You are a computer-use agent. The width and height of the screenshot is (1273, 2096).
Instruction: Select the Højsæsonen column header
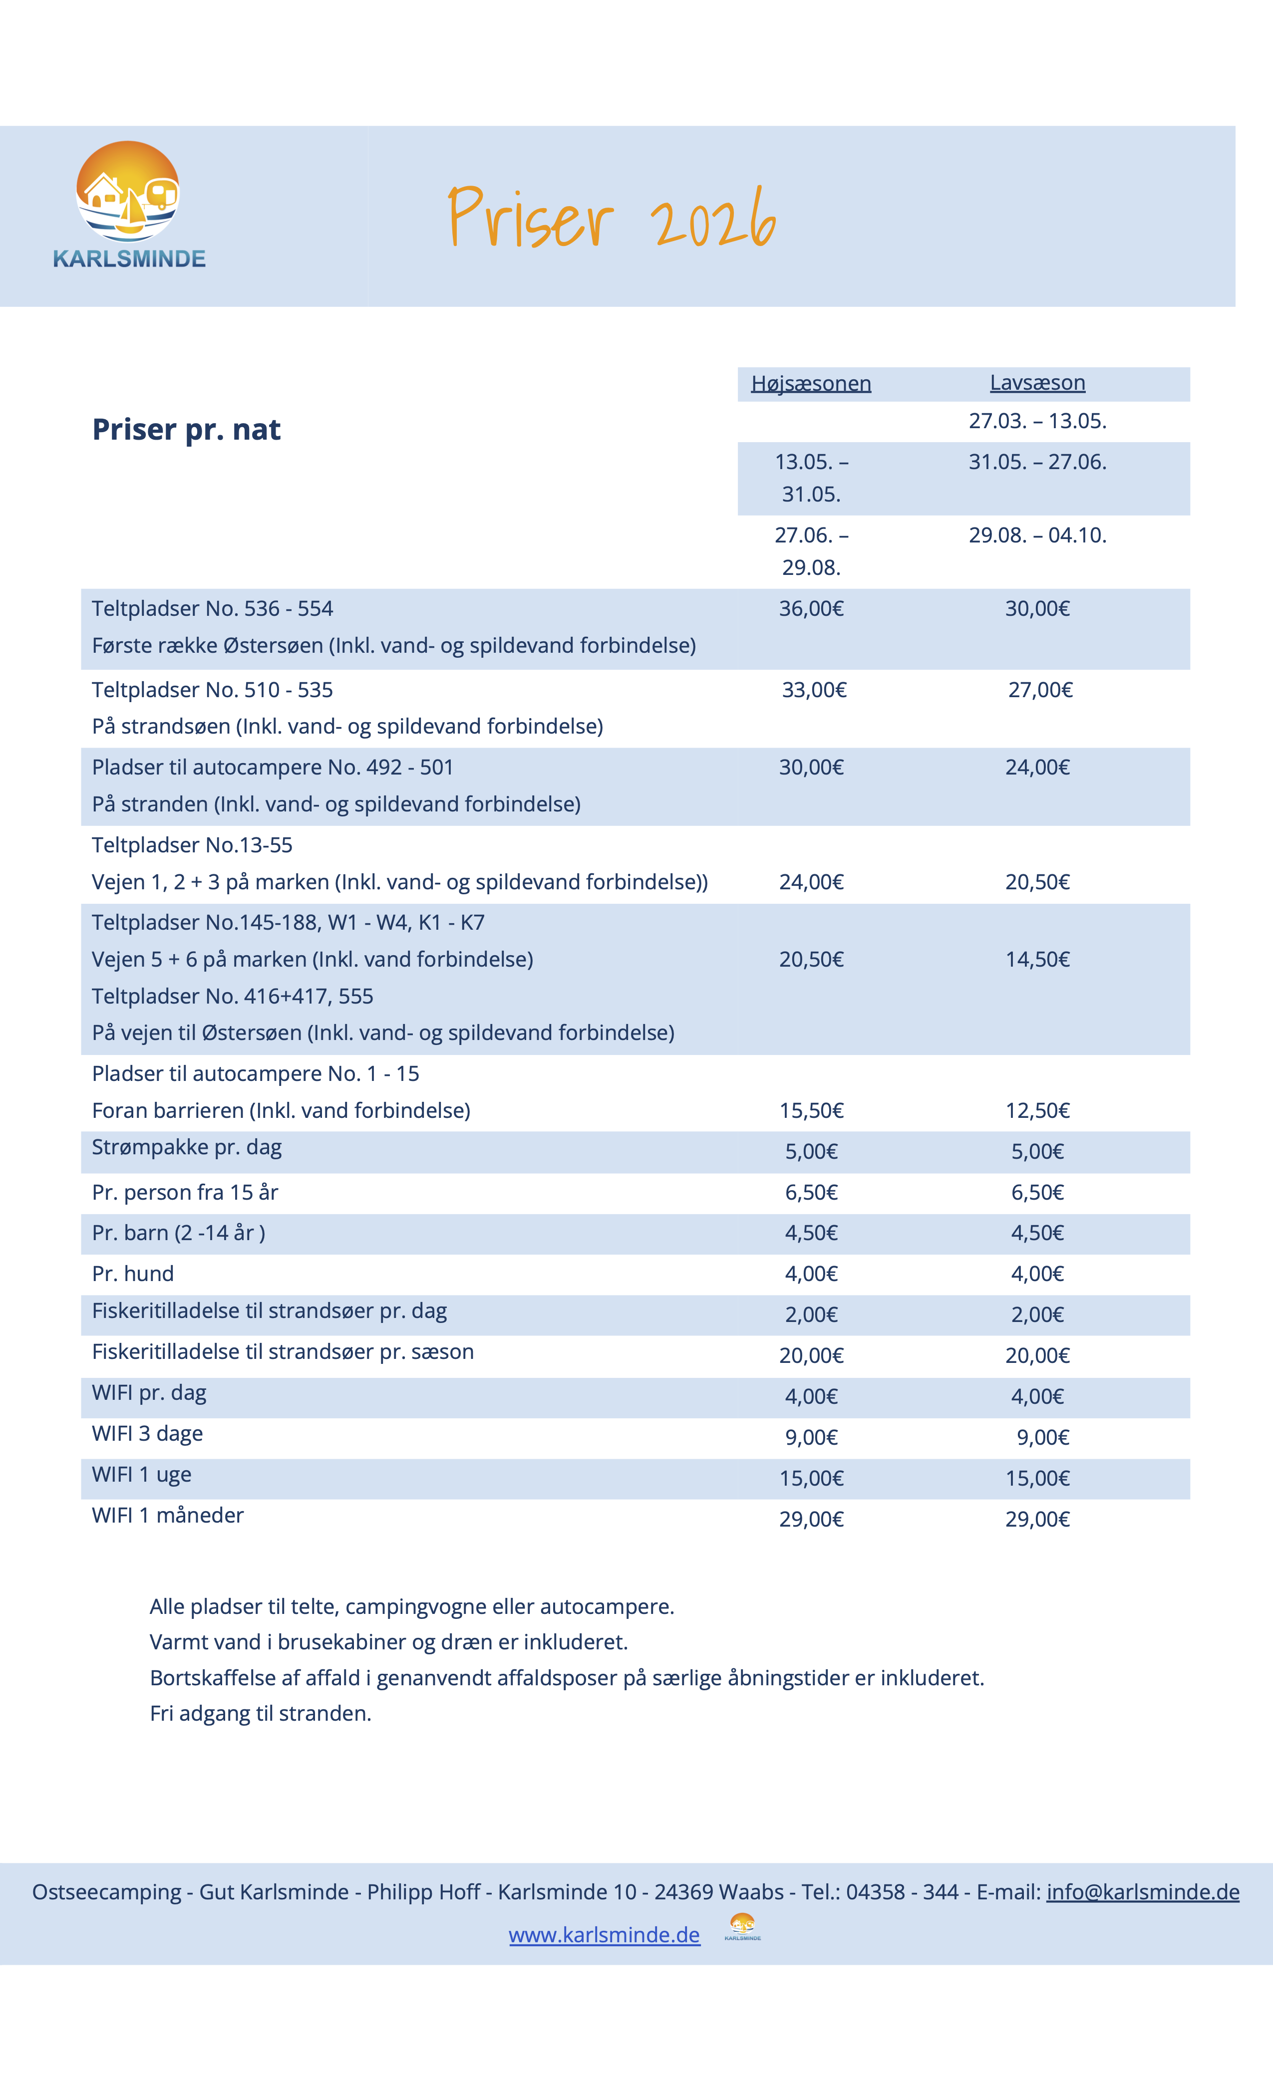tap(811, 384)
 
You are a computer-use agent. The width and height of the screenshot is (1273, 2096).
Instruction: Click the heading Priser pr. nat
tap(186, 430)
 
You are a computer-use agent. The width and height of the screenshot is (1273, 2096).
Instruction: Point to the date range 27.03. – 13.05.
tap(1037, 421)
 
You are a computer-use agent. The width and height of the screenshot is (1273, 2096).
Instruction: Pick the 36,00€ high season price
tap(811, 609)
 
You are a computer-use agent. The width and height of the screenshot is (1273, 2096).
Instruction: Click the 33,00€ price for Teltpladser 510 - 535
tap(814, 690)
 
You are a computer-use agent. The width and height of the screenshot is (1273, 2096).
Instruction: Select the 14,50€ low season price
tap(1037, 960)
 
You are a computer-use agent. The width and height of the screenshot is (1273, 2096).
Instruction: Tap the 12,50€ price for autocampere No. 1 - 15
tap(1037, 1111)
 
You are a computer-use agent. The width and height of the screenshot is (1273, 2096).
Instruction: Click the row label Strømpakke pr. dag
tap(186, 1147)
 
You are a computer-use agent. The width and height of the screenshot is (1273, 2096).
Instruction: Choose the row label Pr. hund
tap(133, 1274)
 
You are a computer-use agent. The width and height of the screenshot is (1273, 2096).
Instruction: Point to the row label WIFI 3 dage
tap(147, 1434)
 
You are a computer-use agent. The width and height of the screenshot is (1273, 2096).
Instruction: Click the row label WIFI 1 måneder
tap(168, 1516)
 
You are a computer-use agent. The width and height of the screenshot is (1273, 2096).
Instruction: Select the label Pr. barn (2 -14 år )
tap(179, 1234)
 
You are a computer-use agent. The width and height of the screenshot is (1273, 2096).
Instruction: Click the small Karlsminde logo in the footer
tap(742, 1927)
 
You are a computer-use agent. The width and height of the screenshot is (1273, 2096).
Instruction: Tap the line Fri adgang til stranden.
tap(261, 1714)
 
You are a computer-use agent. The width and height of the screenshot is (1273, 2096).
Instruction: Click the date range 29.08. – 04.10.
tap(1037, 536)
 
